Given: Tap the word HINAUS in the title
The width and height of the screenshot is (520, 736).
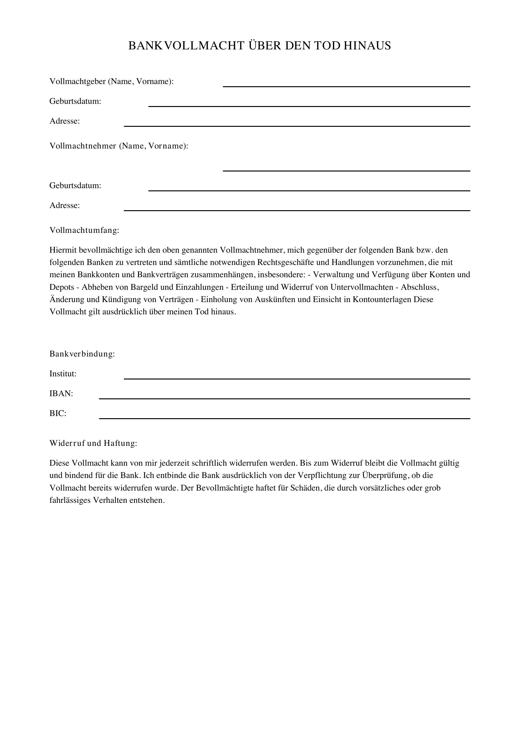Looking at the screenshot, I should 367,46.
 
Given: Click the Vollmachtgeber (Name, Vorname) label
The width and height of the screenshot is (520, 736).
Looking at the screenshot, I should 111,81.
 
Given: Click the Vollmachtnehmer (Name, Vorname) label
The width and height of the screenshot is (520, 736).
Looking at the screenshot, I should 119,146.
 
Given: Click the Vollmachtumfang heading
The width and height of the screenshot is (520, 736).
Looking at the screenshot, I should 84,230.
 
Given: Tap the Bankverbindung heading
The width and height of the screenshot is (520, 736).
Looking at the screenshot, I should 82,354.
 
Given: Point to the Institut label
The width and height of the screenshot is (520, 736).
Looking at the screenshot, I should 63,374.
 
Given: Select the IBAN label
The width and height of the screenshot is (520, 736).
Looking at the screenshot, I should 61,394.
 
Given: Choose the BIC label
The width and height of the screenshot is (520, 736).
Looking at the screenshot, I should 58,413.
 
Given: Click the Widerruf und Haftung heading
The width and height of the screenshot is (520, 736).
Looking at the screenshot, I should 93,443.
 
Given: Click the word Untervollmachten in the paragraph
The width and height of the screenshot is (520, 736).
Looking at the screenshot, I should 362,287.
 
